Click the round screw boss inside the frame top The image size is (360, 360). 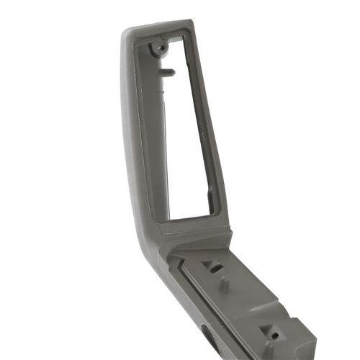(x=158, y=48)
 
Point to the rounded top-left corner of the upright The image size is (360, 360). (x=129, y=32)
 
